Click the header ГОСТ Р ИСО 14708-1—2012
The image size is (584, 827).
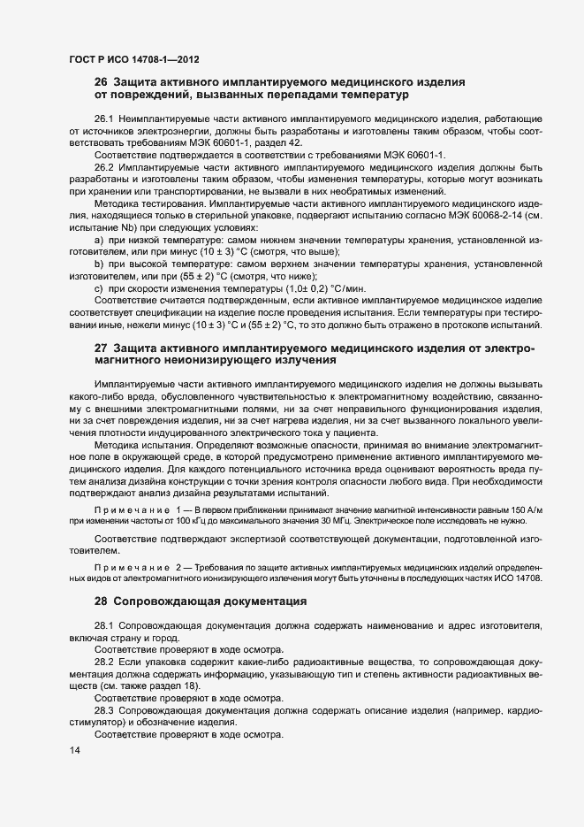[133, 59]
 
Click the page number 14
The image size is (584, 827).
[74, 750]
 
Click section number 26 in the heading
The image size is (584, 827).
[101, 82]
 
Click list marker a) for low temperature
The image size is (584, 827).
[98, 240]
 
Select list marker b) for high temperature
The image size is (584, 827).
[98, 264]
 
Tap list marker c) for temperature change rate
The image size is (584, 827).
[98, 288]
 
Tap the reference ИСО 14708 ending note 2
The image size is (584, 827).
[515, 578]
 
